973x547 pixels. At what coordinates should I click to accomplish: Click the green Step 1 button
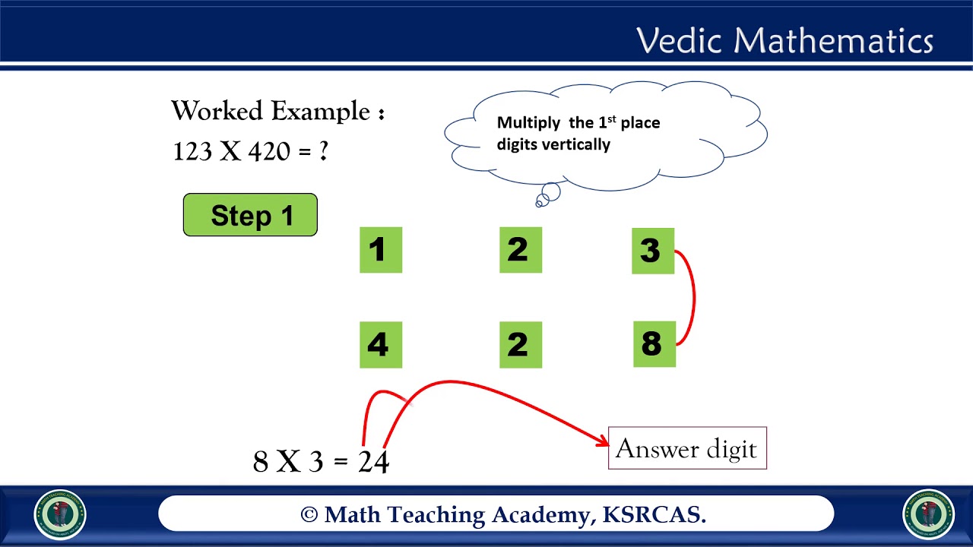(250, 215)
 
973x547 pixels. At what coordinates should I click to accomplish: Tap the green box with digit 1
(380, 250)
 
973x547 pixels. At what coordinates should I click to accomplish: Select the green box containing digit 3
(652, 251)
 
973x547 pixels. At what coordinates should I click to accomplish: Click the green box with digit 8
(654, 344)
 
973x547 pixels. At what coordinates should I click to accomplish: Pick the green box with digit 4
(380, 345)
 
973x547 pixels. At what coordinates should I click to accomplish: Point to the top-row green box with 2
(520, 250)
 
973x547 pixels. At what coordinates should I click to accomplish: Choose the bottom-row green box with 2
(520, 345)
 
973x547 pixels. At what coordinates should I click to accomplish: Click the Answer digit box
(686, 448)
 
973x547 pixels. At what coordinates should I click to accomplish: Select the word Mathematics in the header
(830, 40)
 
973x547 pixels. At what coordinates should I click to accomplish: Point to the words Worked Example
(271, 111)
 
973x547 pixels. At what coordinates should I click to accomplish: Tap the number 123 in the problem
(192, 151)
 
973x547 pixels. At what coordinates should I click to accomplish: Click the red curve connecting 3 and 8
(693, 298)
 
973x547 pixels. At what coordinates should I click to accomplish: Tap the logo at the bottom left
(60, 514)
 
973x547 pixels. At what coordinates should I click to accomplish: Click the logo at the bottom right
(928, 514)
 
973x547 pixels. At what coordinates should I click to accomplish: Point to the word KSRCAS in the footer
(654, 515)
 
